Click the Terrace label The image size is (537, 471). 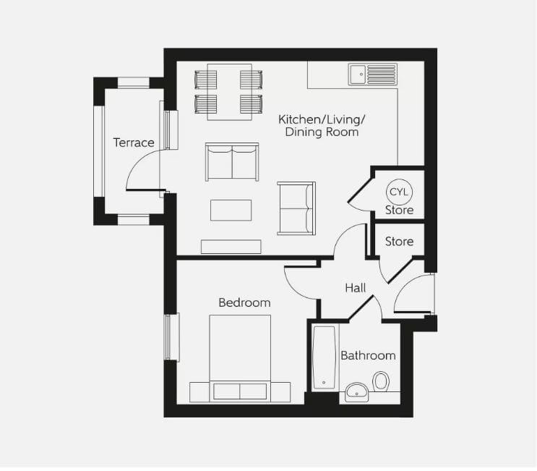pyautogui.click(x=134, y=143)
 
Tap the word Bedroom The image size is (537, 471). pyautogui.click(x=244, y=302)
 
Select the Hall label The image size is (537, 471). pyautogui.click(x=355, y=287)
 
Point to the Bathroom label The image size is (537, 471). pyautogui.click(x=368, y=355)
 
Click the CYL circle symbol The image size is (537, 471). pyautogui.click(x=399, y=192)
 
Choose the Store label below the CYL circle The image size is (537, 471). pyautogui.click(x=399, y=210)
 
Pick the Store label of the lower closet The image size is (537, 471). pyautogui.click(x=399, y=242)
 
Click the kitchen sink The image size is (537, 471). pyautogui.click(x=372, y=75)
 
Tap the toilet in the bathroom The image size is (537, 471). pyautogui.click(x=381, y=381)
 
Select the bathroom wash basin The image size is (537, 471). pyautogui.click(x=356, y=392)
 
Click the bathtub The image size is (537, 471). pyautogui.click(x=325, y=357)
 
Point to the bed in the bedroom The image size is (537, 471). pyautogui.click(x=240, y=355)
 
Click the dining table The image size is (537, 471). pyautogui.click(x=224, y=92)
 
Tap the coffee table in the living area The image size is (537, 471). pyautogui.click(x=231, y=210)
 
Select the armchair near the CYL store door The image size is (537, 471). pyautogui.click(x=297, y=208)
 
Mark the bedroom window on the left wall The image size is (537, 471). pyautogui.click(x=171, y=337)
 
